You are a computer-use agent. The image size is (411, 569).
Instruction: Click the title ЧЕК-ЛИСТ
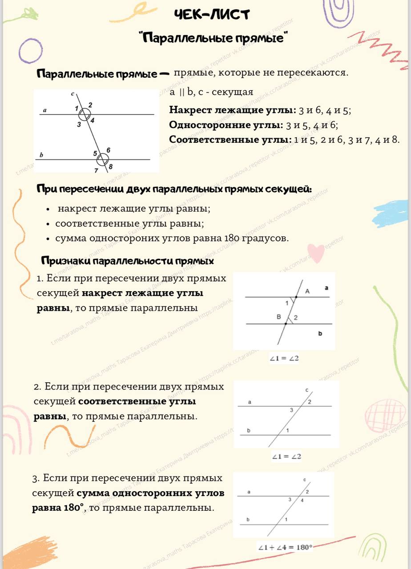212,15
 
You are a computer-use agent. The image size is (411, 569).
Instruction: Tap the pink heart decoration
317,253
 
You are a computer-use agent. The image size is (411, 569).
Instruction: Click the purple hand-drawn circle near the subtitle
30,50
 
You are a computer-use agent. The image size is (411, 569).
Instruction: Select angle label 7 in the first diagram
96,170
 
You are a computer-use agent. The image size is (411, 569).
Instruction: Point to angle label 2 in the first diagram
90,105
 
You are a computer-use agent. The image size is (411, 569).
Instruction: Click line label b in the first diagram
41,155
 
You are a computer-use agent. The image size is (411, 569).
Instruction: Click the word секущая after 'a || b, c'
232,92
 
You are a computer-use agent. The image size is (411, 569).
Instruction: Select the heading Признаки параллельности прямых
127,260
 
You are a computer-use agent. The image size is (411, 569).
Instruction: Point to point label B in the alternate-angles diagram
278,317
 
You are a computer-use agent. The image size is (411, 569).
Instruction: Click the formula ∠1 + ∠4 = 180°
285,547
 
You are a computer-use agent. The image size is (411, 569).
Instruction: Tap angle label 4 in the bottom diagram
302,501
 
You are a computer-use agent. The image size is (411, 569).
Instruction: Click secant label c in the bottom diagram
305,480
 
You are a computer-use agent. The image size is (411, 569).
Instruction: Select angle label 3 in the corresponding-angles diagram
291,410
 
